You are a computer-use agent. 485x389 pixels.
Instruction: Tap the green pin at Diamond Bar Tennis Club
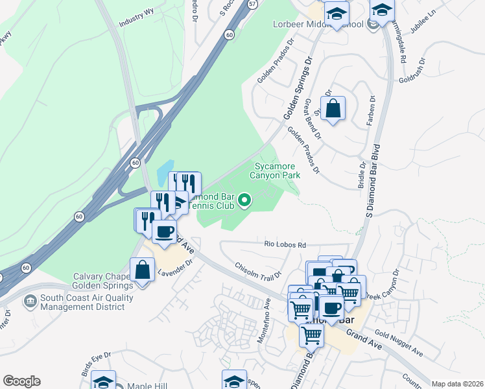pos(244,201)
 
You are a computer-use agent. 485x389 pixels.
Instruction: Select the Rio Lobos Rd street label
pos(285,245)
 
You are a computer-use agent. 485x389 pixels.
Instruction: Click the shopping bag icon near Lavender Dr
pos(142,270)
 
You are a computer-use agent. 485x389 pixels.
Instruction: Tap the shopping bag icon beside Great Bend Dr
pos(333,108)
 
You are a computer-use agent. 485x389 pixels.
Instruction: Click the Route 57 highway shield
pos(252,4)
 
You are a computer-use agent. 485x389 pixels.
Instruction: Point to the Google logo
pos(21,381)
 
